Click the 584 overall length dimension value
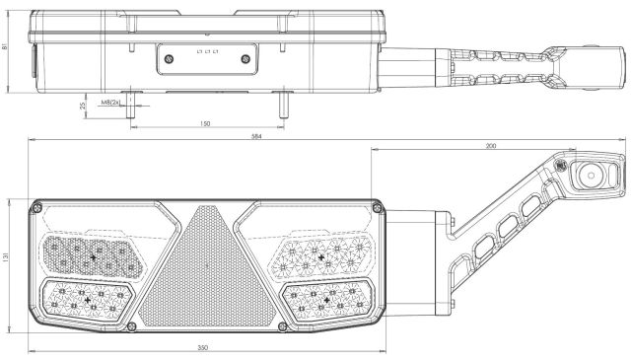click(256, 136)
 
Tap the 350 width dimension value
click(203, 348)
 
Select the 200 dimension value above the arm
click(491, 146)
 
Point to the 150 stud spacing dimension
click(205, 123)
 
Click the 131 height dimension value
click(5, 256)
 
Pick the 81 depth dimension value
click(5, 46)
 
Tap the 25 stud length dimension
click(83, 106)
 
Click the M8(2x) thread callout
click(110, 103)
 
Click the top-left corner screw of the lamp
click(36, 208)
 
